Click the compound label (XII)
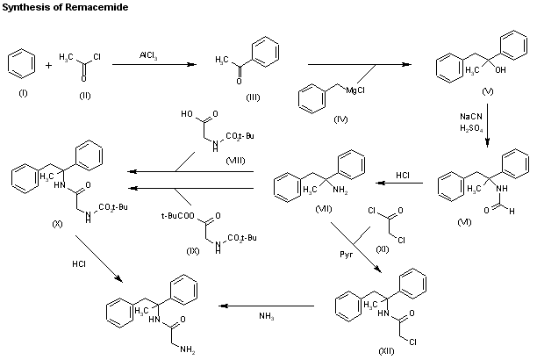tap(385, 350)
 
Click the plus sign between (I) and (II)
tap(48, 64)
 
